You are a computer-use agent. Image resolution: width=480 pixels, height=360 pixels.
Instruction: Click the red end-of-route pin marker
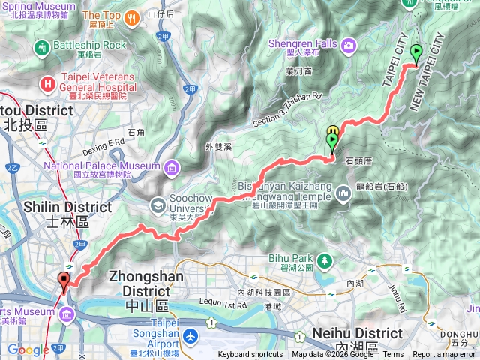coord(64,281)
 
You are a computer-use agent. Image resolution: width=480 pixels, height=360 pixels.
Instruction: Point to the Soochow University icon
coord(158,203)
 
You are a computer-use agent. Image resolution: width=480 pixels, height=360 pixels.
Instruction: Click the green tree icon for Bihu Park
coord(325,261)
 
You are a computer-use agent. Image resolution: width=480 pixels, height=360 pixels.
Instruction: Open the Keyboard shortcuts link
coord(250,355)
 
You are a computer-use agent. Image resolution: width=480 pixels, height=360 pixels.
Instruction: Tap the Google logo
coord(28,350)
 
